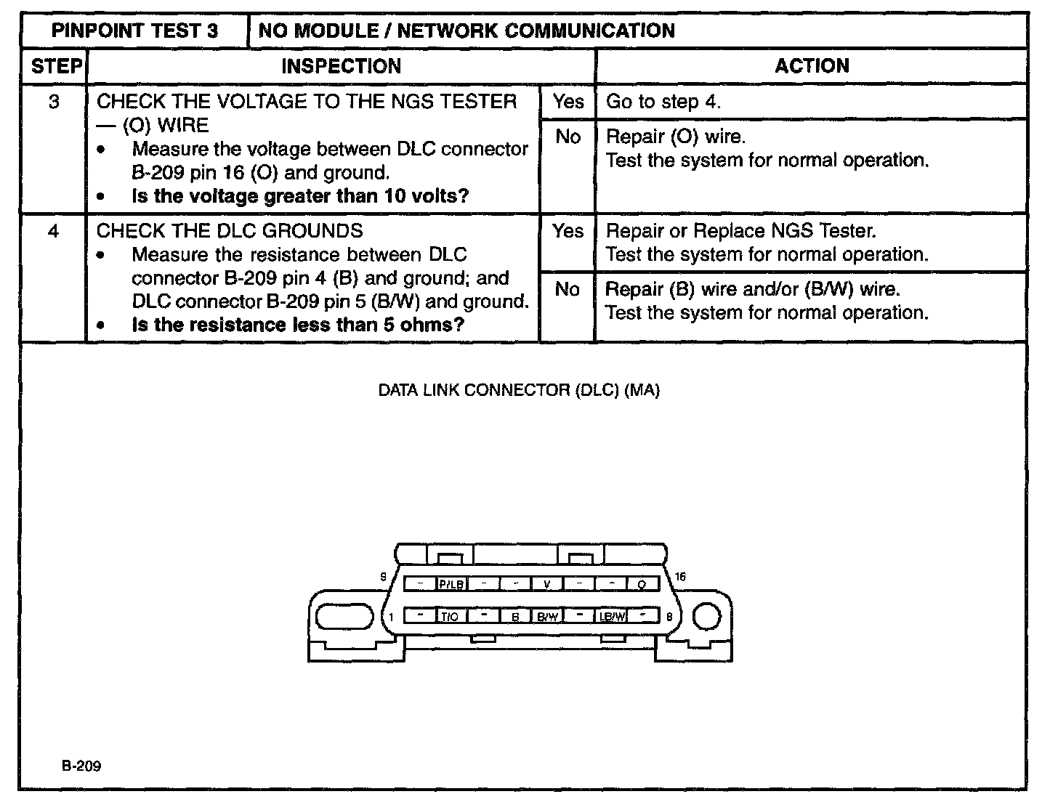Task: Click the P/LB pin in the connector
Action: pyautogui.click(x=451, y=584)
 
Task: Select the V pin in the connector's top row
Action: pyautogui.click(x=547, y=584)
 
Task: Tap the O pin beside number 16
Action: pyautogui.click(x=642, y=584)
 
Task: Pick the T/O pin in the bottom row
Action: pyautogui.click(x=450, y=617)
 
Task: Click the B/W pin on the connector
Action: pyautogui.click(x=547, y=617)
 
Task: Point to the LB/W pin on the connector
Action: pyautogui.click(x=611, y=617)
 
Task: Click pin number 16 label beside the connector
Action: pyautogui.click(x=680, y=577)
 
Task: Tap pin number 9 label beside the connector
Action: pyautogui.click(x=383, y=577)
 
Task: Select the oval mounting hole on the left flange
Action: pyautogui.click(x=341, y=617)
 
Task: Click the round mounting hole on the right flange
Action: pyautogui.click(x=706, y=617)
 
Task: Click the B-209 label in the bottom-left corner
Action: pyautogui.click(x=81, y=766)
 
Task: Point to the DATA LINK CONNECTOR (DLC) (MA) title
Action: pyautogui.click(x=519, y=390)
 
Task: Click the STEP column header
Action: pyautogui.click(x=55, y=66)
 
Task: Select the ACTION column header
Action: pyautogui.click(x=811, y=66)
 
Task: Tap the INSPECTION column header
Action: pyautogui.click(x=341, y=66)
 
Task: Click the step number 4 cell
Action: pyautogui.click(x=53, y=231)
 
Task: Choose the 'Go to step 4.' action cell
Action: pyautogui.click(x=811, y=102)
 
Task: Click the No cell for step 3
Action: pyautogui.click(x=568, y=137)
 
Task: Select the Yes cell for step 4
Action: pyautogui.click(x=568, y=231)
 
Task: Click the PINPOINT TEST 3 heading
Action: pyautogui.click(x=135, y=31)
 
